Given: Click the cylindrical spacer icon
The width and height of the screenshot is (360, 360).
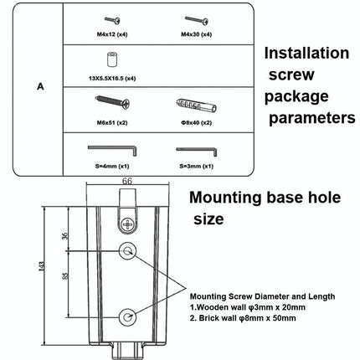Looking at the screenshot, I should pyautogui.click(x=110, y=62).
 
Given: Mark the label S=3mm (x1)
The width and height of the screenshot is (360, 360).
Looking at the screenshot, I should pyautogui.click(x=197, y=165).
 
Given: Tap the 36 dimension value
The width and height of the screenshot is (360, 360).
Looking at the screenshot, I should pyautogui.click(x=68, y=237).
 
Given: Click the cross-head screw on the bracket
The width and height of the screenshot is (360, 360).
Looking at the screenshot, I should pyautogui.click(x=127, y=225).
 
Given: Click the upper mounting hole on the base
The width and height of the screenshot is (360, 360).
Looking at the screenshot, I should pyautogui.click(x=127, y=249).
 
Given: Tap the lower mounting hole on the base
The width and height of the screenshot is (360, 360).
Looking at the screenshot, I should pyautogui.click(x=127, y=317).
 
